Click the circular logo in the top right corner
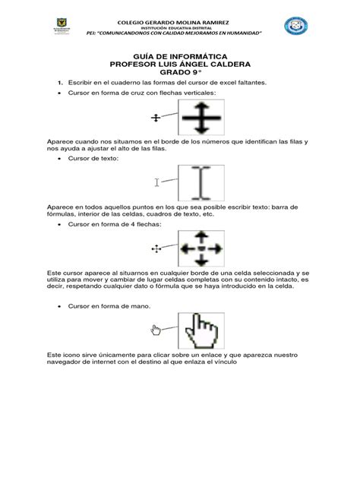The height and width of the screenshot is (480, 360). [x=295, y=27]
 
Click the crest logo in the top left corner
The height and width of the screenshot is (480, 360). [x=59, y=27]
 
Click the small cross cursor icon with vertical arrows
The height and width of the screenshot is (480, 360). [x=156, y=118]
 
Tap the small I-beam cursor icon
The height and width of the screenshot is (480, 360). [x=157, y=182]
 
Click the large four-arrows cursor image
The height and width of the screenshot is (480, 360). [x=201, y=248]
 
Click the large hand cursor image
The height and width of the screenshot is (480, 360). [x=201, y=330]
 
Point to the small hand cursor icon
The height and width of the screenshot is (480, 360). [x=156, y=330]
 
